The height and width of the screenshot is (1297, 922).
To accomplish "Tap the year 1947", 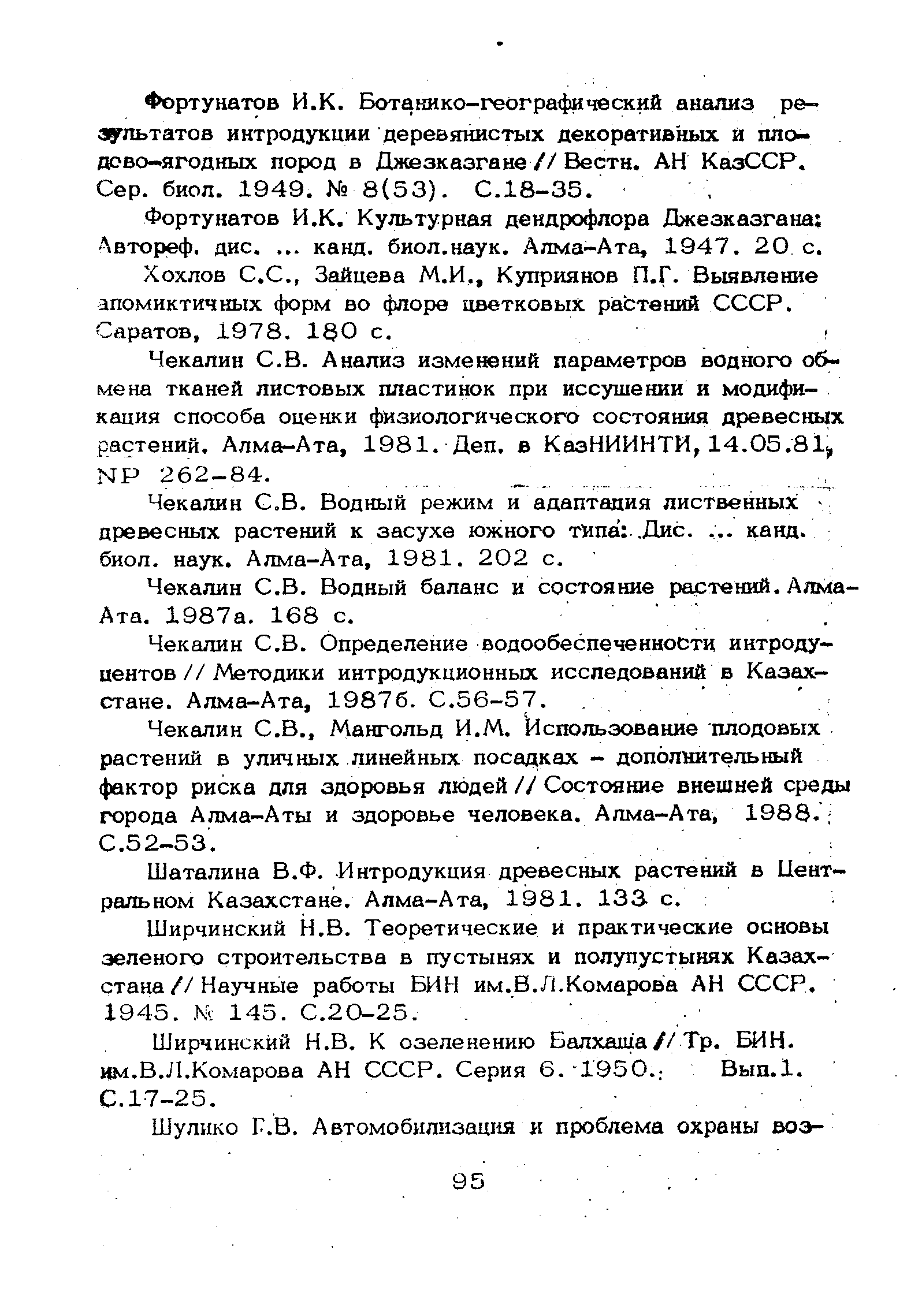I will point(704,248).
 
